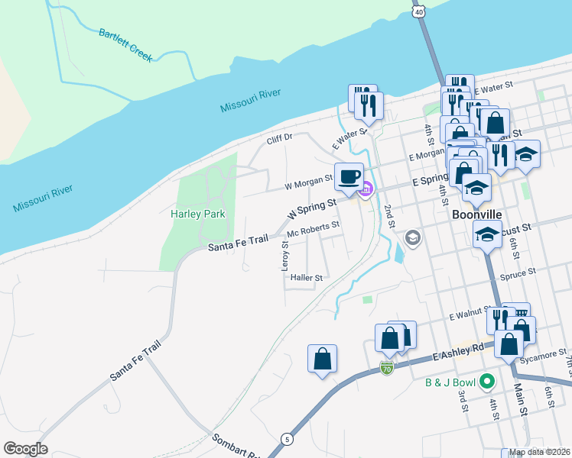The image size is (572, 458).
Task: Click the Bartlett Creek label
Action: (x=126, y=45)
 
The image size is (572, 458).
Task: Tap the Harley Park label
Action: (x=197, y=214)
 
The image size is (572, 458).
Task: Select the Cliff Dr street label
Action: (x=279, y=139)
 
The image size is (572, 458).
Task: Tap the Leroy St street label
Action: (x=284, y=256)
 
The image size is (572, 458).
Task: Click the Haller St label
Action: (x=307, y=278)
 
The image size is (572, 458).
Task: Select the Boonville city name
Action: (x=476, y=215)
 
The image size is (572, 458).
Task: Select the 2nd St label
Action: (x=389, y=216)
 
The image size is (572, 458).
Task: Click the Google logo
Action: (x=25, y=449)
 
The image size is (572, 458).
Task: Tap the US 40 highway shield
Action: (x=418, y=11)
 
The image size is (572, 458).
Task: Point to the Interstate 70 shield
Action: (x=387, y=369)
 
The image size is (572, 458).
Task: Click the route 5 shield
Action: (x=287, y=439)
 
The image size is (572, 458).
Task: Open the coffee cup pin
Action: (x=349, y=176)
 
